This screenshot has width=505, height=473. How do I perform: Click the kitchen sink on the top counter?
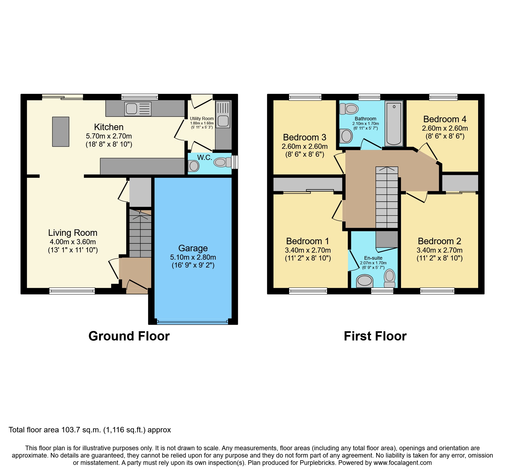[x=138, y=109]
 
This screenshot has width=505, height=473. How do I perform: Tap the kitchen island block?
[x=61, y=132]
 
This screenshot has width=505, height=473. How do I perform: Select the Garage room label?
[x=193, y=248]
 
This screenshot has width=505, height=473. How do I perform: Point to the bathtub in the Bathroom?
[x=394, y=123]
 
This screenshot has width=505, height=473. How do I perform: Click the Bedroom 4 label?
[x=445, y=119]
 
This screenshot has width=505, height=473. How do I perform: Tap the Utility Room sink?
[x=223, y=121]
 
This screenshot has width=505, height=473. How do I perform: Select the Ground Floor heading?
[x=129, y=336]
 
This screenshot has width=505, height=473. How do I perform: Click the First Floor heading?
[x=375, y=336]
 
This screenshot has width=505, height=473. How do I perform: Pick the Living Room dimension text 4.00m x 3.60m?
[x=72, y=242]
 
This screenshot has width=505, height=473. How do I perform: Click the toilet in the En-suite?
[x=390, y=278]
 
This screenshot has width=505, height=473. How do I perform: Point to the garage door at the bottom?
[x=192, y=322]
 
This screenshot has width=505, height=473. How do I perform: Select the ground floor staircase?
[x=140, y=233]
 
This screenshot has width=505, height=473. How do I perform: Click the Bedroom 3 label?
[x=304, y=137]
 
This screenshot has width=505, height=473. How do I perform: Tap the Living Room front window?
[x=72, y=291]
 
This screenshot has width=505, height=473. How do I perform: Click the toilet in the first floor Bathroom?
[x=349, y=109]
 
